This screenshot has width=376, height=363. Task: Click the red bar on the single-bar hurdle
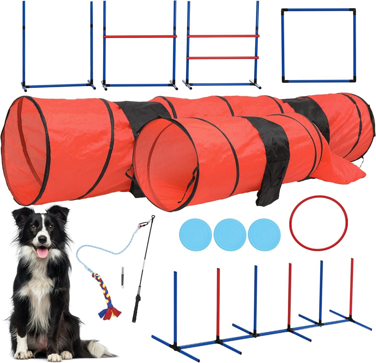(140, 37)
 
